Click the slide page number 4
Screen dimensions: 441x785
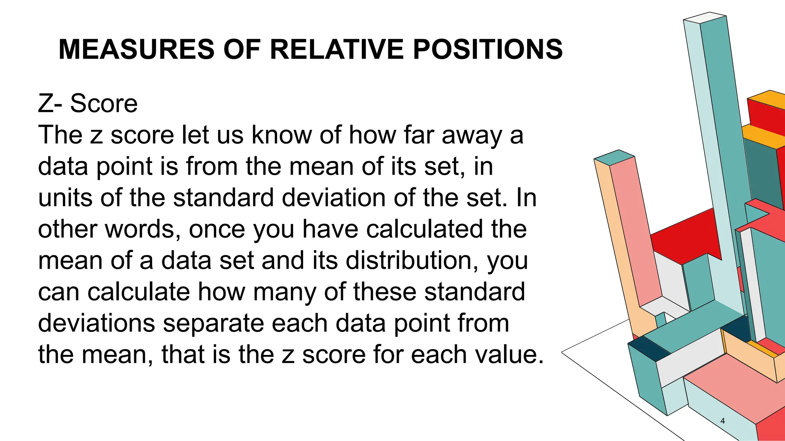pyautogui.click(x=723, y=421)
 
